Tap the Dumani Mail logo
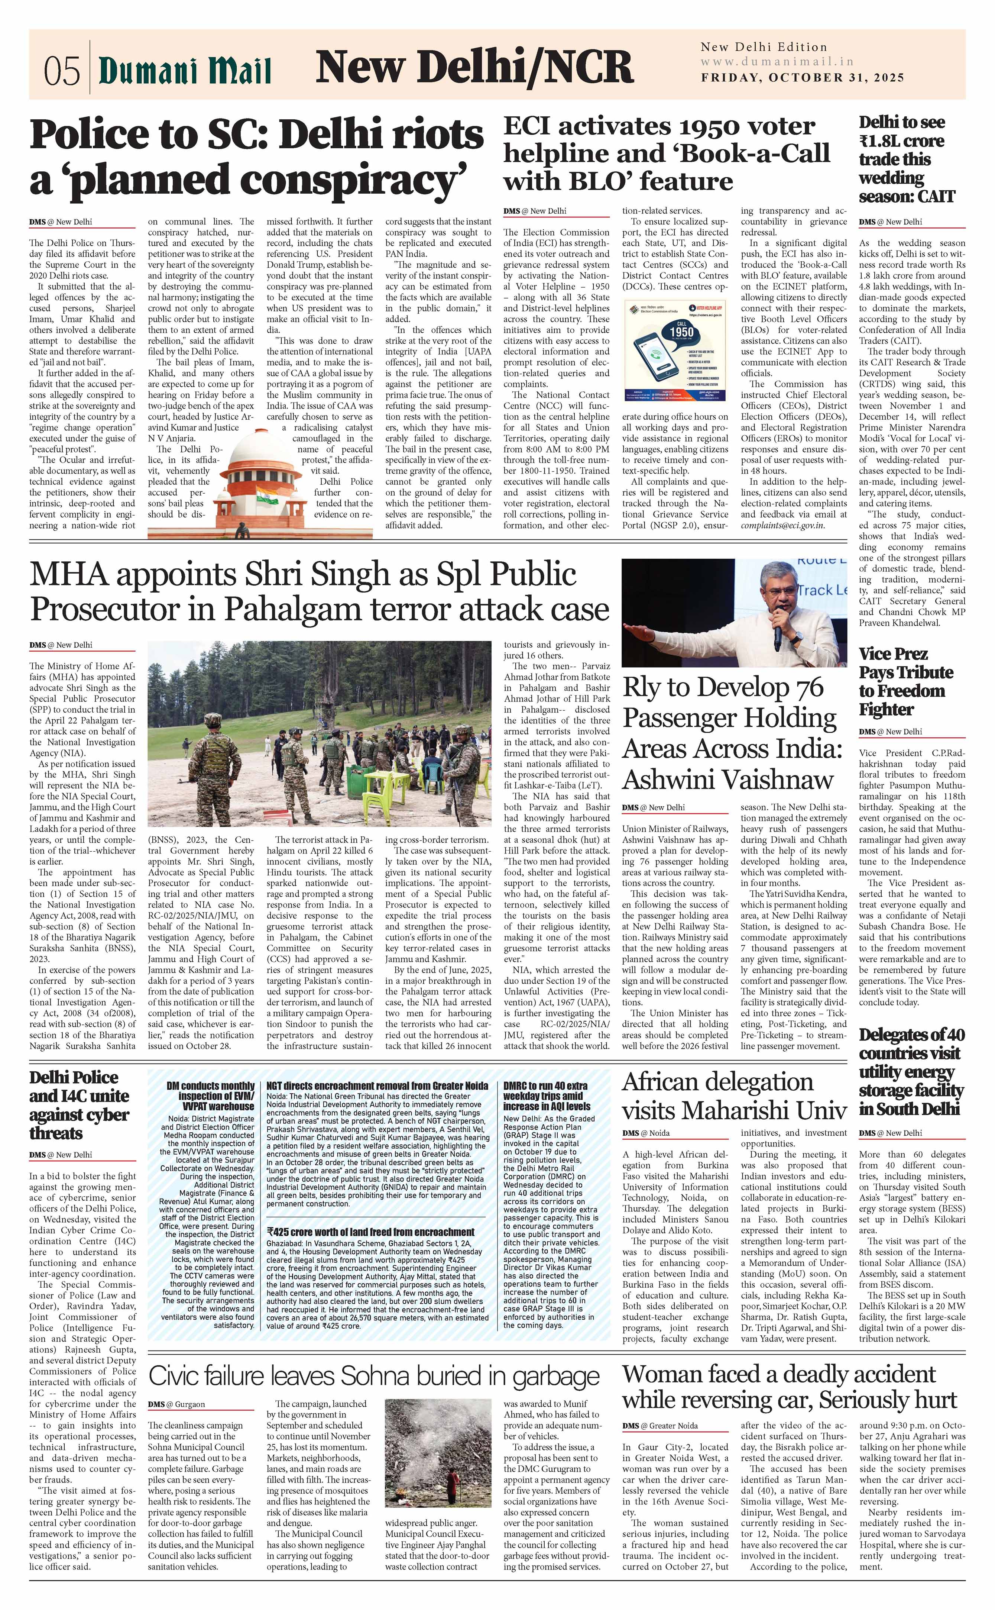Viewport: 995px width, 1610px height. [185, 70]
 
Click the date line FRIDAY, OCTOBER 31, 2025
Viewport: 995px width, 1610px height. [802, 78]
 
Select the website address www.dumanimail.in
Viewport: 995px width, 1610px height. [777, 62]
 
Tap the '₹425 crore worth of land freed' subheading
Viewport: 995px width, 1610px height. [370, 1232]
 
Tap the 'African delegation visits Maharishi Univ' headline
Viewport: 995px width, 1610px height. [734, 1096]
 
